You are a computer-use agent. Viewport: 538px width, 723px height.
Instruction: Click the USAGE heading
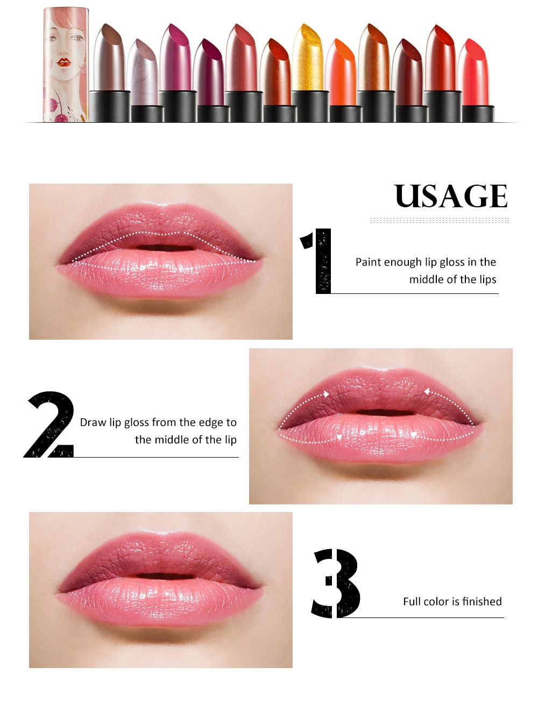click(451, 196)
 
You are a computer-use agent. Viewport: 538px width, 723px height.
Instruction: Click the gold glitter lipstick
click(308, 59)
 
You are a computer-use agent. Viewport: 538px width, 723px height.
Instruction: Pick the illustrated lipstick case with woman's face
click(65, 65)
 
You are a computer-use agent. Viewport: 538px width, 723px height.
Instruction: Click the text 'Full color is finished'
click(452, 601)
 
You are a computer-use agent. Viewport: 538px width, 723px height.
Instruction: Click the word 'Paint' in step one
click(369, 262)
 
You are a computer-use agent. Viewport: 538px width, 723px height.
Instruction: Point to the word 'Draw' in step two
click(93, 423)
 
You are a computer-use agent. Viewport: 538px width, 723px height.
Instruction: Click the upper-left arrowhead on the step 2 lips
click(326, 394)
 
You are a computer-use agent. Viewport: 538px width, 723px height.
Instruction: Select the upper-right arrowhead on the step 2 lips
click(426, 392)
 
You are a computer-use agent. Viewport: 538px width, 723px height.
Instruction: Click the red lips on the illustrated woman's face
click(64, 61)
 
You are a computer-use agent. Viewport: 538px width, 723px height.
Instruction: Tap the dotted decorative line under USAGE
click(439, 220)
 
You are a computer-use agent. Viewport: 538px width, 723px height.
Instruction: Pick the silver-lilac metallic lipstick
click(143, 73)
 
